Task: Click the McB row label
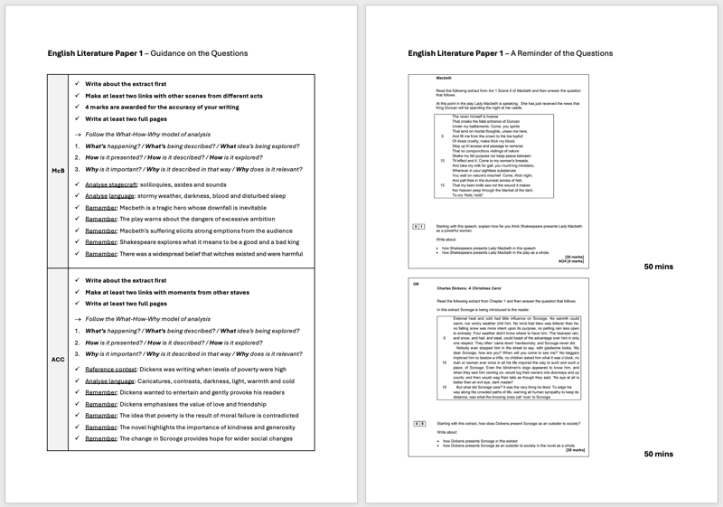point(58,170)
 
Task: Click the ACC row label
point(58,359)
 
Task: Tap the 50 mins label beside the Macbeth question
point(658,267)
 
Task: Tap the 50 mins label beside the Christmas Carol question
point(658,454)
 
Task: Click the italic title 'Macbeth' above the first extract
point(444,79)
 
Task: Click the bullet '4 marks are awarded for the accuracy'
point(162,107)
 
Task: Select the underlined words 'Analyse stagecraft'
point(112,183)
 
